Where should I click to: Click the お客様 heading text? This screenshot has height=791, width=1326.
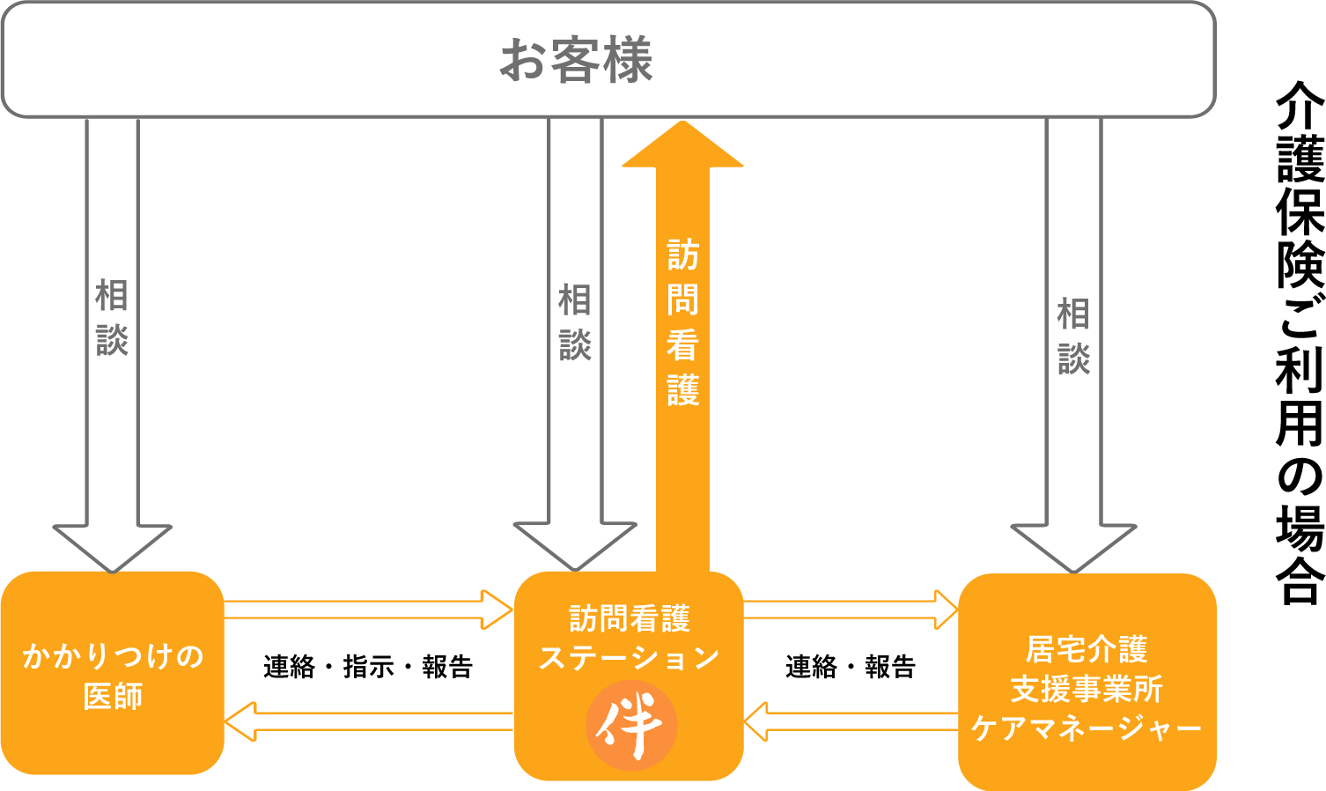pyautogui.click(x=576, y=60)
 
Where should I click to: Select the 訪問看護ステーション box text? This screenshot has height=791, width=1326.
pyautogui.click(x=629, y=638)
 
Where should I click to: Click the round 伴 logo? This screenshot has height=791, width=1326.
pyautogui.click(x=630, y=726)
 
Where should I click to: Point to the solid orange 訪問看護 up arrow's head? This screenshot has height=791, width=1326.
pyautogui.click(x=682, y=146)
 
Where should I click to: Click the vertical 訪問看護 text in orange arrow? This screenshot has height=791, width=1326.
pyautogui.click(x=682, y=322)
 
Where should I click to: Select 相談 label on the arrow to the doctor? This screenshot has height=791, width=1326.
pyautogui.click(x=112, y=317)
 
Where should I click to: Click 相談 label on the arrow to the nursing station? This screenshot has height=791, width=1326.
pyautogui.click(x=575, y=322)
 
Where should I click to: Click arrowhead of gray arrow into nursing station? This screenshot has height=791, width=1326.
pyautogui.click(x=574, y=546)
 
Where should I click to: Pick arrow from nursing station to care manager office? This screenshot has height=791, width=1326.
pyautogui.click(x=851, y=610)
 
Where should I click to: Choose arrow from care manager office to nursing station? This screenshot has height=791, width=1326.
pyautogui.click(x=851, y=721)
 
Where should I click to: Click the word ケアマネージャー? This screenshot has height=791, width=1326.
pyautogui.click(x=1087, y=728)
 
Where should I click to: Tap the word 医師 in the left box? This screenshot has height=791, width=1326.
pyautogui.click(x=113, y=696)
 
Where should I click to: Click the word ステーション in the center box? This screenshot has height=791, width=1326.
pyautogui.click(x=629, y=658)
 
